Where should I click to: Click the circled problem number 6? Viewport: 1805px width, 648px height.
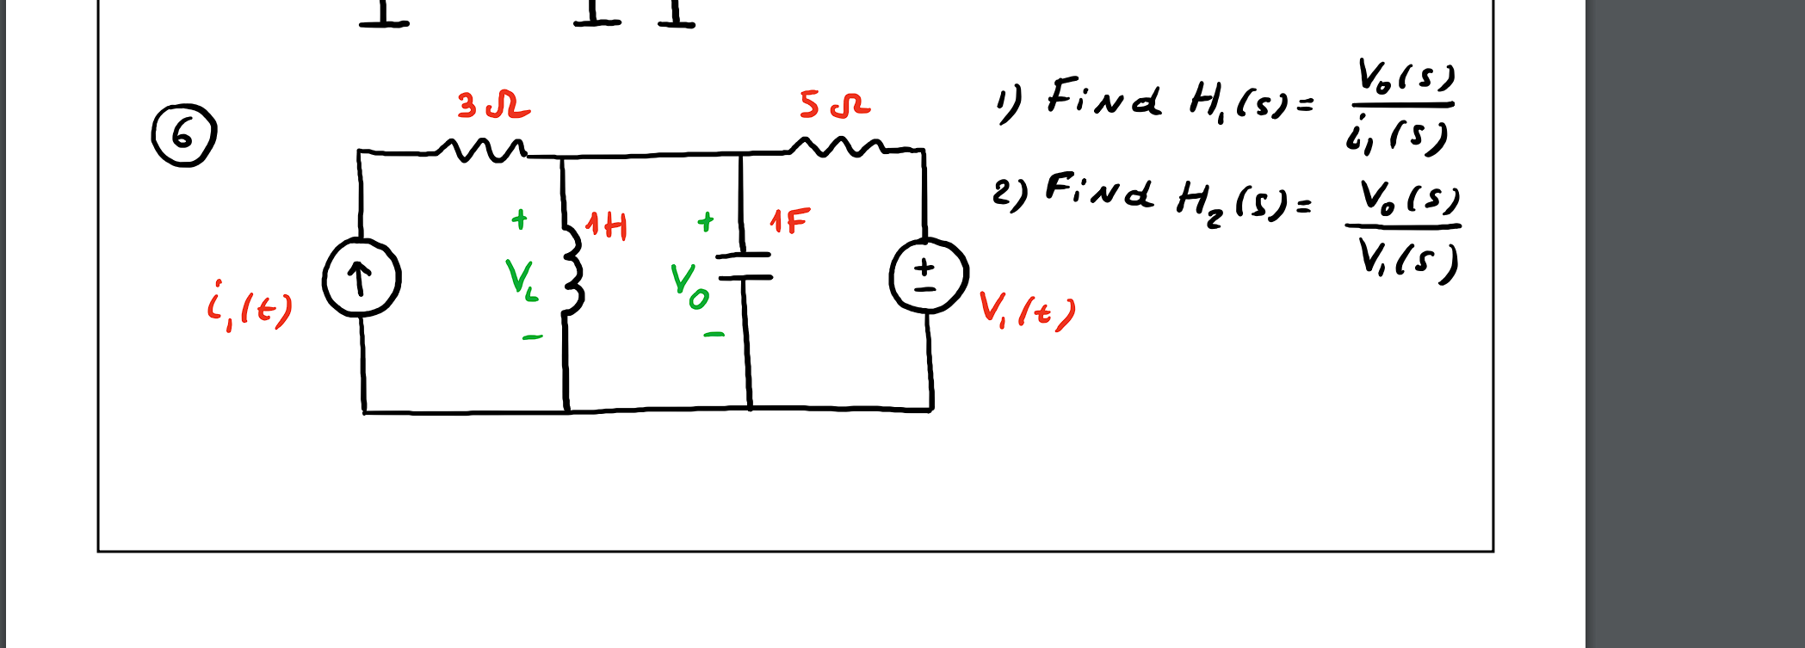point(183,135)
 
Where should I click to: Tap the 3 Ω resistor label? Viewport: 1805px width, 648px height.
point(493,106)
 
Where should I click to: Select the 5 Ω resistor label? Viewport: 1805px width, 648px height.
point(834,105)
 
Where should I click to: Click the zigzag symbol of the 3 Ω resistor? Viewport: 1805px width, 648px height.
point(481,151)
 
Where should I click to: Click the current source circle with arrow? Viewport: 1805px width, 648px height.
point(362,279)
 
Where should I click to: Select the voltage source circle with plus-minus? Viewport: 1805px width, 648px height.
point(928,275)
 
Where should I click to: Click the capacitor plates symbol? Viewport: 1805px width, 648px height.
point(745,267)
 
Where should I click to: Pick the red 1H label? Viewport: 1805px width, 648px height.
point(606,225)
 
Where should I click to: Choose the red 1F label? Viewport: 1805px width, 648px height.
point(789,222)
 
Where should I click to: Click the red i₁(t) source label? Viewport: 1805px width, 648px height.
point(249,307)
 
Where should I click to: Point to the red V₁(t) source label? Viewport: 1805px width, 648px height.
point(1027,311)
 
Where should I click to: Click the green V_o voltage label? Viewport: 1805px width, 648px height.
point(689,286)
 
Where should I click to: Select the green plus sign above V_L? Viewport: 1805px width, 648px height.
point(519,219)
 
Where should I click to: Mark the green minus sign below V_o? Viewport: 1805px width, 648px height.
point(714,334)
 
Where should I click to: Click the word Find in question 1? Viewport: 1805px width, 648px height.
point(1103,98)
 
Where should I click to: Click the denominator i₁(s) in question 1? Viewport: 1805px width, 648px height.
point(1396,136)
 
